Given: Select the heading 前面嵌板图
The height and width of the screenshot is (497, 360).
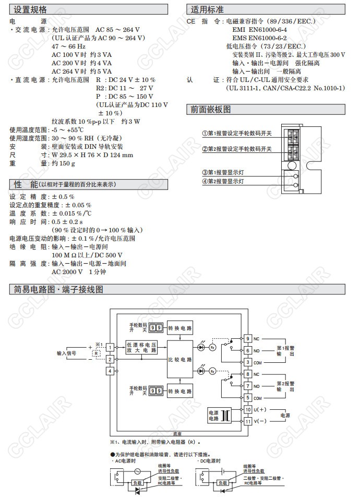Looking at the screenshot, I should (x=211, y=110).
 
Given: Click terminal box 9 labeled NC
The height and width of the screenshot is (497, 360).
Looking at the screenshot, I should (x=248, y=339).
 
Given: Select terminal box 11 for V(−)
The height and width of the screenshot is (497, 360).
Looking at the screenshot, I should (x=248, y=421).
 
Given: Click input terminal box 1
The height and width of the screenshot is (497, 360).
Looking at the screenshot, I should (x=110, y=347).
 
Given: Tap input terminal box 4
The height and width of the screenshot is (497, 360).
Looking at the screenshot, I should (x=110, y=371).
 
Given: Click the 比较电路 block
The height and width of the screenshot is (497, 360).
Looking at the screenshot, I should (x=179, y=360).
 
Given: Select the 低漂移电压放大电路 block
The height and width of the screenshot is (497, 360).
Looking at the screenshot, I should (x=141, y=348).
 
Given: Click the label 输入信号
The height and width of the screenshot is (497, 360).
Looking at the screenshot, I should (x=67, y=353).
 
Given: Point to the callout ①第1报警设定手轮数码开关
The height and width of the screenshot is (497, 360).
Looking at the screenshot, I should (x=237, y=133).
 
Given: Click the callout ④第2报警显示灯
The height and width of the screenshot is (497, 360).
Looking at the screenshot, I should (x=223, y=181).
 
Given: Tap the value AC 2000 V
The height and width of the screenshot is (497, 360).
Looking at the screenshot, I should (x=67, y=271).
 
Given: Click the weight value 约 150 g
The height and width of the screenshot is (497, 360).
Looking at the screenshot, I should (x=63, y=163).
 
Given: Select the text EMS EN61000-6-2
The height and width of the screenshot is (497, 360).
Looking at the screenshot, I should (x=258, y=38).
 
